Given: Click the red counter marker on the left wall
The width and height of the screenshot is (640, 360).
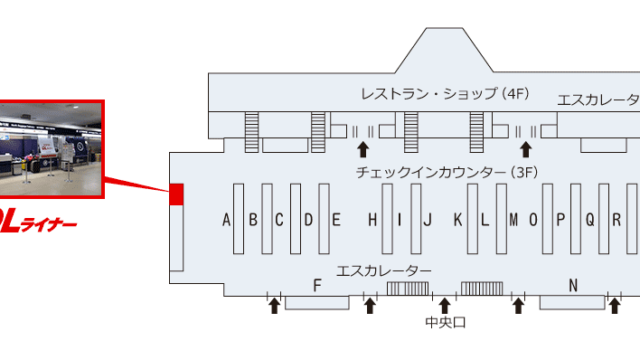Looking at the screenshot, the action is pos(177,194).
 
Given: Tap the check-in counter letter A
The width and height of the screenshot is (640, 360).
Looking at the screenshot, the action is pos(227,220).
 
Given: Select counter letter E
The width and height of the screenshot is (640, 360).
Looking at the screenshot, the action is pos(337,220).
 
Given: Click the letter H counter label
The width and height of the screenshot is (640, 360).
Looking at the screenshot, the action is pos(372,220).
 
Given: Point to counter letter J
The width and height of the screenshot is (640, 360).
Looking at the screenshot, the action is pos(427,220).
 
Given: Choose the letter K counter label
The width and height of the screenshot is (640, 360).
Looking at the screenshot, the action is pos(457,220).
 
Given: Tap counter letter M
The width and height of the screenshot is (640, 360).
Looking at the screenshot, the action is pos(513,220).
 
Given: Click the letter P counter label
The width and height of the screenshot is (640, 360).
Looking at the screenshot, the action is pos(561,220).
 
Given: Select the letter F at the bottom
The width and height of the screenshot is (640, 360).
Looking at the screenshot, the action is pos(316,285).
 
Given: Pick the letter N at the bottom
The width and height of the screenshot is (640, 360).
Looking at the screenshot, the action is pos(573,285).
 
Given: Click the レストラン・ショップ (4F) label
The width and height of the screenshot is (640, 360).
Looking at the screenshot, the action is pos(445,95).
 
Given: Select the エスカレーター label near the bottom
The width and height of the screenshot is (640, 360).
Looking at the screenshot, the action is pos(385,271).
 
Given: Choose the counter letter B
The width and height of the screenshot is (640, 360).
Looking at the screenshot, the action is pos(254,220).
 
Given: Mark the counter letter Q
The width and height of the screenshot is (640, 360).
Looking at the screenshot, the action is pos(589,220).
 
